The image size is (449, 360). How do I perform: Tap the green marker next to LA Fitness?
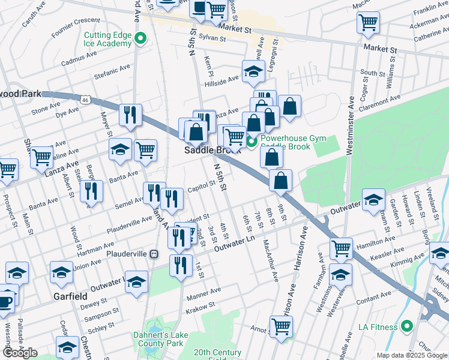pos(408,327)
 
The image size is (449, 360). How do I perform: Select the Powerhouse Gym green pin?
pos(252,142)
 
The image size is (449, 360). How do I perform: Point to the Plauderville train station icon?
pos(154,254)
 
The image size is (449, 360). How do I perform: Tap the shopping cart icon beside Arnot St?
pos(281,326)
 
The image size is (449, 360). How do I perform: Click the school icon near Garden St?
pos(373,200)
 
